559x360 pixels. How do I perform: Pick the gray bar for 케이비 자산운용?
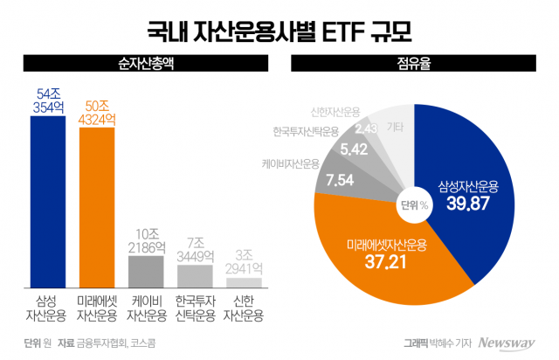tap(146, 271)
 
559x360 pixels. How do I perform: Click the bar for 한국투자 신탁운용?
tap(195, 276)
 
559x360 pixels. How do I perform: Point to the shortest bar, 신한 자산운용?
tap(244, 282)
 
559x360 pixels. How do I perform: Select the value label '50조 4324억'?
tap(97, 113)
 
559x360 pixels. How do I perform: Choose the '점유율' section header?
tap(414, 64)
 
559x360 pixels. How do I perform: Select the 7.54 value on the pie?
tap(334, 181)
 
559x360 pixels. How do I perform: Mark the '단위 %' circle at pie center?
tap(414, 205)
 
